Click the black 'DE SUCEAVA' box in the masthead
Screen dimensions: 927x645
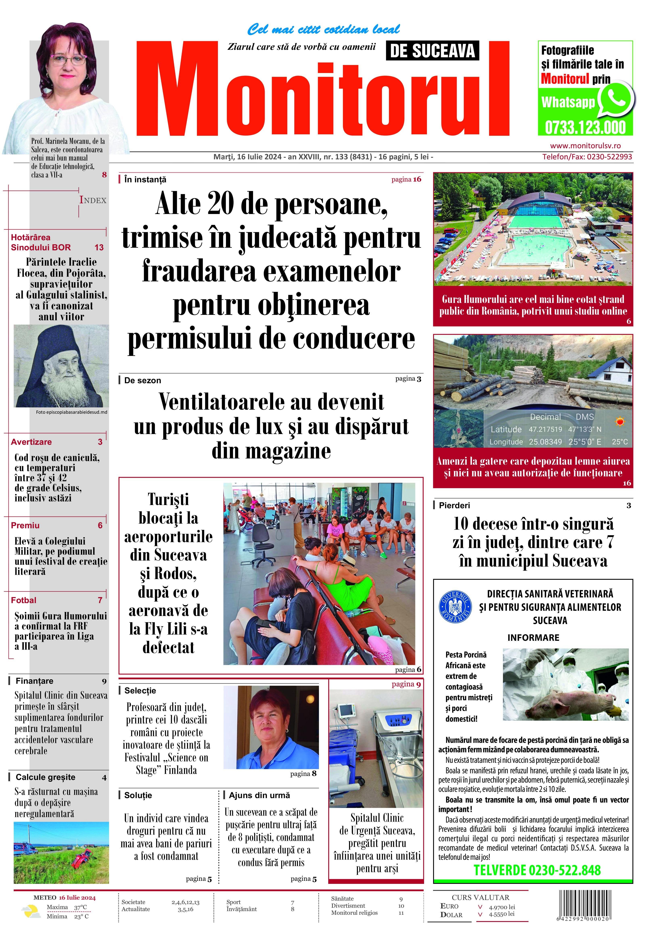pyautogui.click(x=432, y=51)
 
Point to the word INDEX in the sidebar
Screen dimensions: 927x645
pyautogui.click(x=93, y=200)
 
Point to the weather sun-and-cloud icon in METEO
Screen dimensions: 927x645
pyautogui.click(x=30, y=911)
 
